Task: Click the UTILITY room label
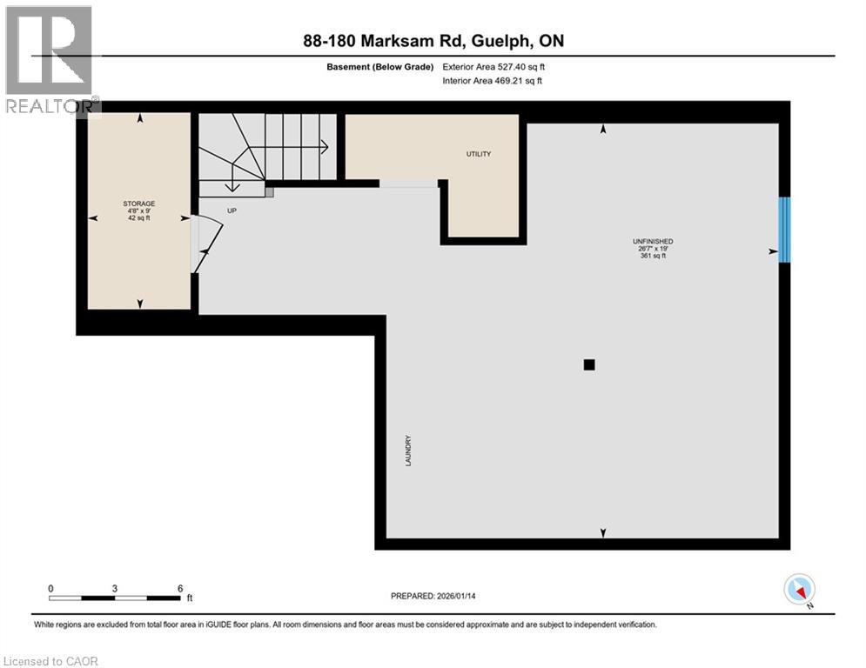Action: coord(479,154)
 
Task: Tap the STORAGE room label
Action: coord(139,204)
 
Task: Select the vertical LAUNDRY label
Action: coord(409,451)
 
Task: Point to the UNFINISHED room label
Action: coord(653,241)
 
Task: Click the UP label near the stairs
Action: coord(232,210)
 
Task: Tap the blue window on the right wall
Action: coord(784,230)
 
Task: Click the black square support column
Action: coord(589,365)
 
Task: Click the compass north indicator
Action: coord(800,591)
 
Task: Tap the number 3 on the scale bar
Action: coord(114,589)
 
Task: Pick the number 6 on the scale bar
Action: coord(180,589)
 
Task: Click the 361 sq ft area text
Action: coord(653,256)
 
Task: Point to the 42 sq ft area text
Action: coord(139,218)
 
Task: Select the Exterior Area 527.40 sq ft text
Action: coord(493,67)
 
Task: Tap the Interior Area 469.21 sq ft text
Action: coord(492,81)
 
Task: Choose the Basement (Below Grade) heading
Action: coord(380,67)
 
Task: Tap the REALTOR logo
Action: coord(49,60)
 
